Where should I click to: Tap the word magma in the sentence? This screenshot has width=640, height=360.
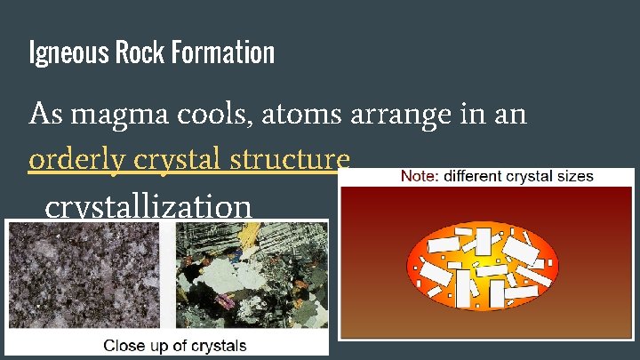pyautogui.click(x=119, y=115)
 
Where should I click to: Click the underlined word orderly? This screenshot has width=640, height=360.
pyautogui.click(x=77, y=161)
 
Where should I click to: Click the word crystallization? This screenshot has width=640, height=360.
pyautogui.click(x=148, y=208)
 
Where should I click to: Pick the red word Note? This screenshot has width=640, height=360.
pyautogui.click(x=419, y=176)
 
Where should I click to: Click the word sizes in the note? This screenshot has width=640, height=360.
pyautogui.click(x=574, y=176)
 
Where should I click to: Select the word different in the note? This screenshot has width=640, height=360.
pyautogui.click(x=472, y=176)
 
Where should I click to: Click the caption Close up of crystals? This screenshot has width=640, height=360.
pyautogui.click(x=175, y=345)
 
